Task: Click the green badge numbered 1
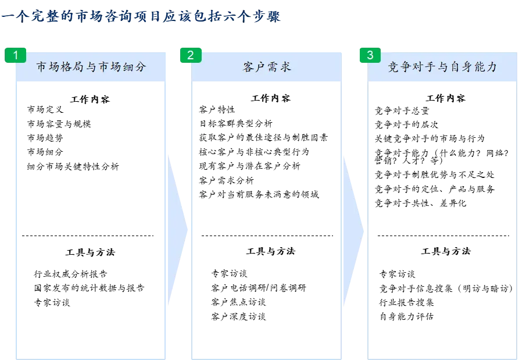coord(16,56)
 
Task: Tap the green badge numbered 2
coord(191,56)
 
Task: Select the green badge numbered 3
coord(370,56)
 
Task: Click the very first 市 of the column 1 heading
coord(42,67)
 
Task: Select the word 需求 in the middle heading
coord(280,67)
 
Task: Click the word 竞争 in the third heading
coord(399,67)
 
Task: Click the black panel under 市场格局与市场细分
coord(91,221)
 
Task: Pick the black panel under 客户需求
coord(267,221)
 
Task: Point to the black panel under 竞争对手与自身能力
coord(444,221)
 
